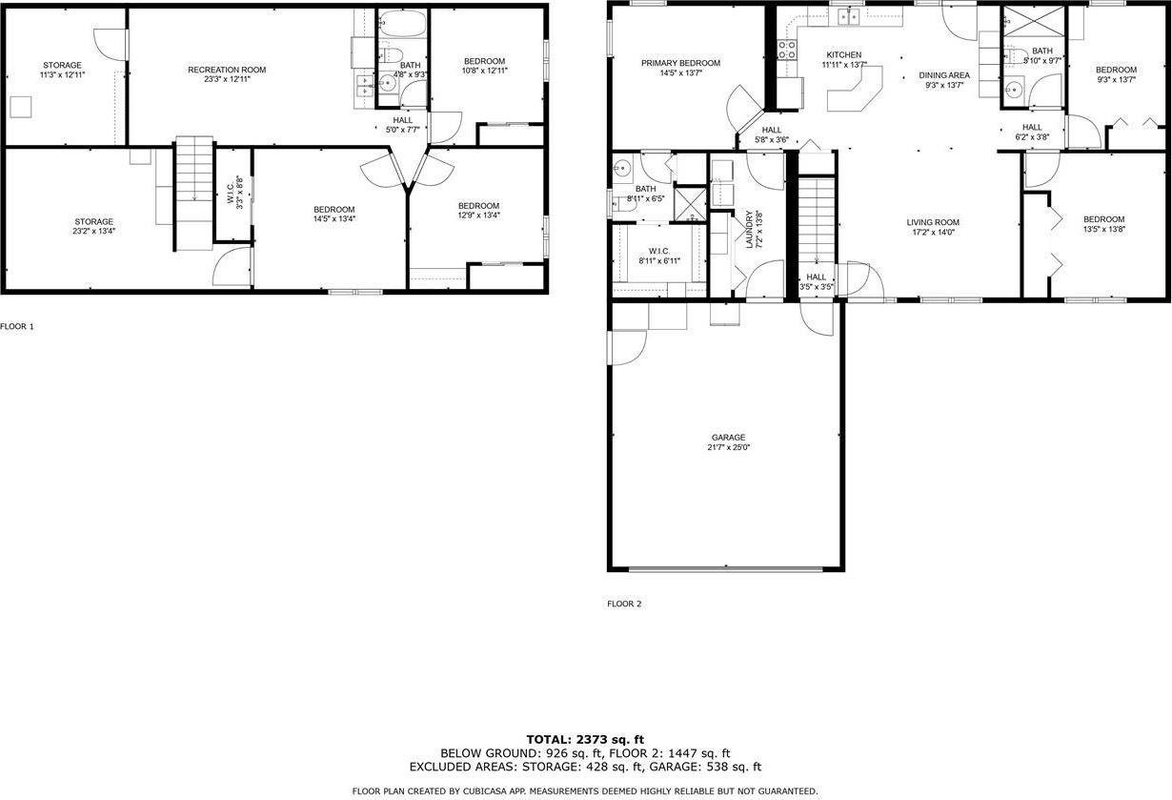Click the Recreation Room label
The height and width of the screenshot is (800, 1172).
tap(227, 70)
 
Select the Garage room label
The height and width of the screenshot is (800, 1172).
tap(728, 438)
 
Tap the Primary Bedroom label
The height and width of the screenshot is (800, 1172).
tap(680, 63)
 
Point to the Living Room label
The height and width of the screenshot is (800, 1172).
tap(932, 222)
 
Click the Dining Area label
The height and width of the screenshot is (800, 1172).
tap(944, 75)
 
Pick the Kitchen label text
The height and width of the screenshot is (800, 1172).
tap(843, 54)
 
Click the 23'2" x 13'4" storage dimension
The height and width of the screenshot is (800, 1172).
tap(94, 232)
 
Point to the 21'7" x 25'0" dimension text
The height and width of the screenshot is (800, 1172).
tap(728, 447)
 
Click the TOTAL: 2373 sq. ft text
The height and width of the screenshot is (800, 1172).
tap(585, 739)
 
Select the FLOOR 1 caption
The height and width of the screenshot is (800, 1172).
tap(17, 326)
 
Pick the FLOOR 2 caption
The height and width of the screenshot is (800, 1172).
tap(624, 604)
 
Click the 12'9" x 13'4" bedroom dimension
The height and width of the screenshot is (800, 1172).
tap(478, 215)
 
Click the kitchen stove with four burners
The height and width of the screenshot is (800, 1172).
tap(787, 50)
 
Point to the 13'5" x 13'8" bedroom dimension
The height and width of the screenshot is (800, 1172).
tap(1103, 229)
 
